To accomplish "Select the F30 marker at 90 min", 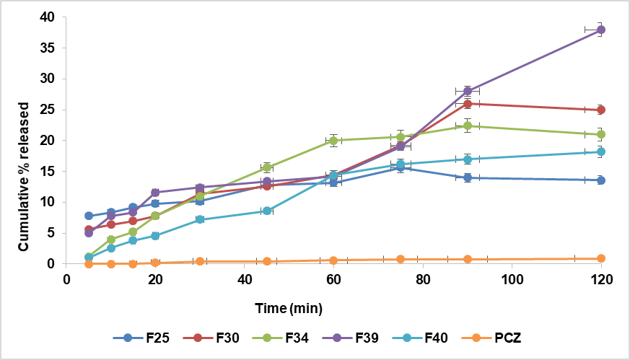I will click(468, 104).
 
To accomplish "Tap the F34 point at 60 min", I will click(333, 141).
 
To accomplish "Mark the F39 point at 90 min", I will click(468, 91).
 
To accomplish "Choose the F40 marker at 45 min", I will click(267, 211).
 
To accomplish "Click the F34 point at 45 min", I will click(267, 167).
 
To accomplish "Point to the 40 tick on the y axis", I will click(49, 17).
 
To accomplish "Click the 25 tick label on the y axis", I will click(49, 110).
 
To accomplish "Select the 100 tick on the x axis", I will click(512, 278).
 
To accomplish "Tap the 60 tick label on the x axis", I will click(333, 278).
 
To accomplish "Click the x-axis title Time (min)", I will click(288, 309).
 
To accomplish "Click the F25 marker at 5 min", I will click(89, 216).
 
